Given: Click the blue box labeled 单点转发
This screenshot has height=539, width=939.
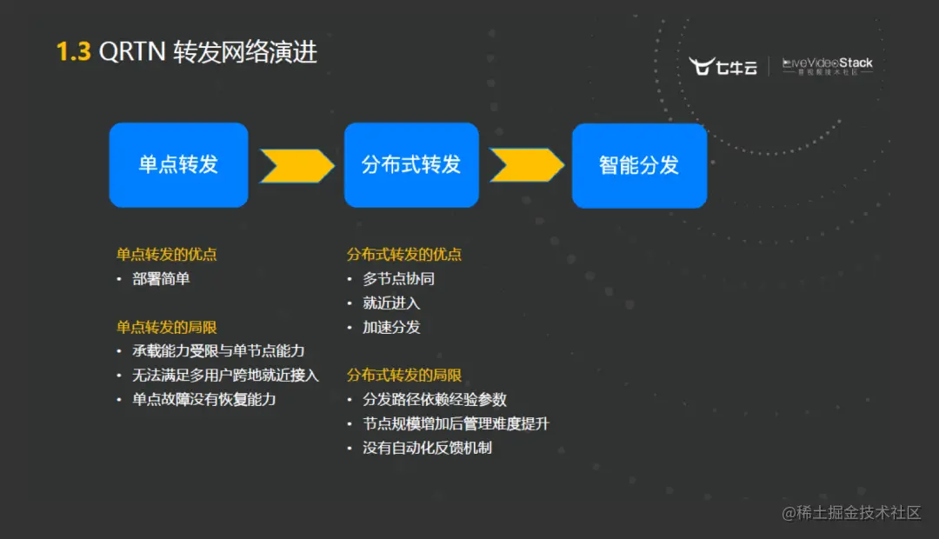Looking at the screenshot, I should (178, 165).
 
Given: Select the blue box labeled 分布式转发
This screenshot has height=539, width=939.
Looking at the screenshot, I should (411, 165).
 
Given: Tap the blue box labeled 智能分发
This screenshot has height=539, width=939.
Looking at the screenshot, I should (639, 166).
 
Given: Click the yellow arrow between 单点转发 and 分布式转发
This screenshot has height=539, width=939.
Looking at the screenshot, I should (296, 166).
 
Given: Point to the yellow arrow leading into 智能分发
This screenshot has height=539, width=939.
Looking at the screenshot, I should (526, 165).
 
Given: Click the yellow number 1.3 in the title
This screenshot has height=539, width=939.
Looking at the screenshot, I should (73, 52).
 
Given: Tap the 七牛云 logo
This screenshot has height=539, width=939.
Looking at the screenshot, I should (723, 67).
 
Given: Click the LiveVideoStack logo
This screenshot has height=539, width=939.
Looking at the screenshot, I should (827, 66).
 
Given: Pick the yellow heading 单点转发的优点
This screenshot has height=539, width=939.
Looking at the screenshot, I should (166, 255).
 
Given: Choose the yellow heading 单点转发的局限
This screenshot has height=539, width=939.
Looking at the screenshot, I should (166, 327).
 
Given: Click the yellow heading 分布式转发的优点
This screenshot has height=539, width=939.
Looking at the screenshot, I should (404, 255).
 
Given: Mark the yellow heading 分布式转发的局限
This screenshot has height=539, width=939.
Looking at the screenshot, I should (404, 375).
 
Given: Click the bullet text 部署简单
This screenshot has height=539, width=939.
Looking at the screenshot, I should (161, 279).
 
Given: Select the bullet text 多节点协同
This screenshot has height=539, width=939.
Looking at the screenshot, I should (398, 279).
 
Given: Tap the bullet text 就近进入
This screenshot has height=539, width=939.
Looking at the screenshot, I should (391, 303).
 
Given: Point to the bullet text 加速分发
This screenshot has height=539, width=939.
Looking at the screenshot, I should (391, 327).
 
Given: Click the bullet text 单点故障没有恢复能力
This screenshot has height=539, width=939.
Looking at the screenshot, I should (203, 399).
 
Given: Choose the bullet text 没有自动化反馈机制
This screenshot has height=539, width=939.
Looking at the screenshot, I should (427, 448).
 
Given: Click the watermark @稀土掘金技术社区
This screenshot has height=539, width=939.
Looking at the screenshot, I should (851, 513).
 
